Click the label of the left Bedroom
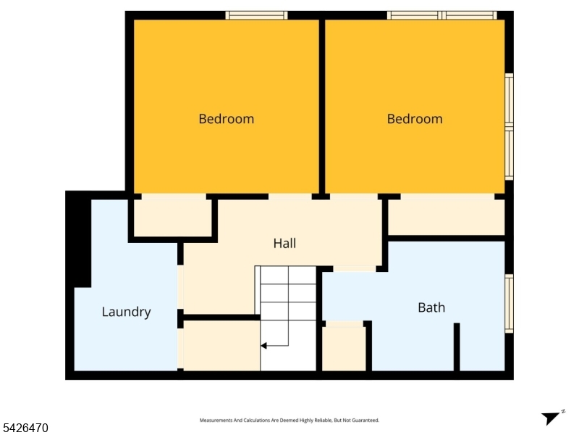pos(227,119)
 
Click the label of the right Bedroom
pos(415,119)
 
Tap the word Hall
pos(284,244)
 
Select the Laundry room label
pos(126,312)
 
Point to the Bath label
pos(431,307)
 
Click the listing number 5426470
pos(25,428)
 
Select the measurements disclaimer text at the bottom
pos(289,420)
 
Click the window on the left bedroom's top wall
pos(256,15)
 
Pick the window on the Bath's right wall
pos(509,304)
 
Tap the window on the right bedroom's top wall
pos(441,15)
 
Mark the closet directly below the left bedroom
pos(172,217)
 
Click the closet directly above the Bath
pos(446,217)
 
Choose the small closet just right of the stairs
pos(344,349)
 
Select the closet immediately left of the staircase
pos(221,346)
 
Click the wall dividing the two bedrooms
pos(322,105)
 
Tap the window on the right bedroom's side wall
pos(509,127)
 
